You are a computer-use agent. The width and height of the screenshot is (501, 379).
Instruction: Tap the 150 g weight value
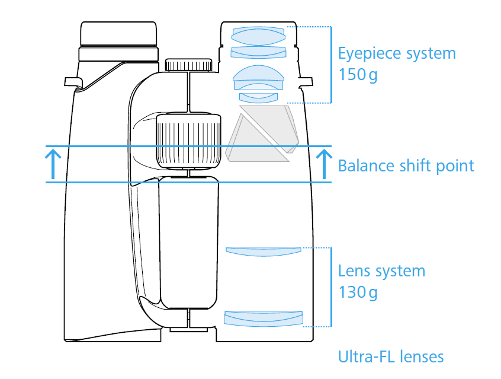pyautogui.click(x=358, y=75)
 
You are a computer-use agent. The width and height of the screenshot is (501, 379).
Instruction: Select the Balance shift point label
pyautogui.click(x=406, y=166)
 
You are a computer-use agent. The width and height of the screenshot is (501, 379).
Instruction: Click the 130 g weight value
pyautogui.click(x=358, y=292)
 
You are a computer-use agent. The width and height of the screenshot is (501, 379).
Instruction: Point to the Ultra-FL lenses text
pyautogui.click(x=391, y=356)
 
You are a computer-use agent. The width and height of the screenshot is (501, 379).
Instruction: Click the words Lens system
pyautogui.click(x=381, y=271)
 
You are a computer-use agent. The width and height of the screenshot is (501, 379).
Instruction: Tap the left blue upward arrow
pyautogui.click(x=53, y=164)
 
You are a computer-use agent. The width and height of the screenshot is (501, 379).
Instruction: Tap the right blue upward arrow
pyautogui.click(x=324, y=164)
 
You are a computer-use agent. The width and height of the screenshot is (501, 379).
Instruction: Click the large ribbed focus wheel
pyautogui.click(x=188, y=141)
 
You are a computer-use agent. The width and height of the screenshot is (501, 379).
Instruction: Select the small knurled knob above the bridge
pyautogui.click(x=188, y=65)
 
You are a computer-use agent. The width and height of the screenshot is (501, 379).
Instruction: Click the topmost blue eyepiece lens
pyautogui.click(x=258, y=36)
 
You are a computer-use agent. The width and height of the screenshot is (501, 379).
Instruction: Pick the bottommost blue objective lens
pyautogui.click(x=264, y=319)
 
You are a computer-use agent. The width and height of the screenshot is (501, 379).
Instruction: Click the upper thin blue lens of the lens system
pyautogui.click(x=264, y=251)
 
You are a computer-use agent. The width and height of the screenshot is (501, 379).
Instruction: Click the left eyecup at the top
pyautogui.click(x=118, y=34)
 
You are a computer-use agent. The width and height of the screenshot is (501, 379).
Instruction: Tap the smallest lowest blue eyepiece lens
pyautogui.click(x=258, y=98)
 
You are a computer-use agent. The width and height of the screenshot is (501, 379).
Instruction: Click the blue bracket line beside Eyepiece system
pyautogui.click(x=331, y=65)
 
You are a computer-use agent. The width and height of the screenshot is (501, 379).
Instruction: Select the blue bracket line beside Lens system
pyautogui.click(x=331, y=287)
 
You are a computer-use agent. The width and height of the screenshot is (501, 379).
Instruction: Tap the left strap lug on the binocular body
pyautogui.click(x=73, y=82)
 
